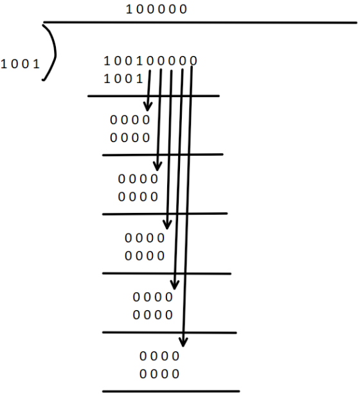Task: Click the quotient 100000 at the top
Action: tap(156, 10)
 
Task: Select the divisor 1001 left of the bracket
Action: tap(21, 64)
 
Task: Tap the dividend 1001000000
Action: tap(150, 61)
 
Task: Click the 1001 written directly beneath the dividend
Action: tap(123, 79)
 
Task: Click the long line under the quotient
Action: tap(200, 23)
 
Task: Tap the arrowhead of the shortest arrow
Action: tap(147, 107)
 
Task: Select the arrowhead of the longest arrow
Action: tap(183, 342)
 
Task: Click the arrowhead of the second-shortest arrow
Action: tap(157, 166)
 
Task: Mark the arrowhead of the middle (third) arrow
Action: tap(167, 225)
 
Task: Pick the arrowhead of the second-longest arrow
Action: tap(174, 285)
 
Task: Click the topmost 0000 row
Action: tap(130, 120)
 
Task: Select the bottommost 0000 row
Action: tap(159, 374)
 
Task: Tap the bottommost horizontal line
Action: tap(171, 392)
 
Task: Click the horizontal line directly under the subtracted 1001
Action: tap(154, 96)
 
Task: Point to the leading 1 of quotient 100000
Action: tap(129, 10)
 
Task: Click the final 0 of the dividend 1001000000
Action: tap(194, 61)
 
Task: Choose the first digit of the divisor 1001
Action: tap(3, 64)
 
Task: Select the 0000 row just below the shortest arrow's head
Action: tap(130, 120)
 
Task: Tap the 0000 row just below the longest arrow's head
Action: tap(159, 356)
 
